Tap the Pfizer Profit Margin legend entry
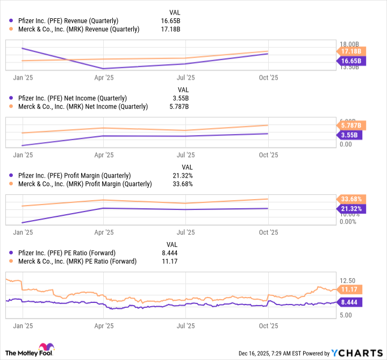pos(75,175)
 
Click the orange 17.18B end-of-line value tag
pos(350,51)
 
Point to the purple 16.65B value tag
pos(350,61)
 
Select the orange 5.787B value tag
pos(350,125)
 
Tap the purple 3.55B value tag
pos(349,136)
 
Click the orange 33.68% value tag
pos(350,199)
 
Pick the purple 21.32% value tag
pos(350,209)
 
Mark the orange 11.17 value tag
pos(349,289)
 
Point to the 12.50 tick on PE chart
pos(348,280)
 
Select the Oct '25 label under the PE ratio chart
pos(268,326)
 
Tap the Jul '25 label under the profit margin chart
pos(185,232)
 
